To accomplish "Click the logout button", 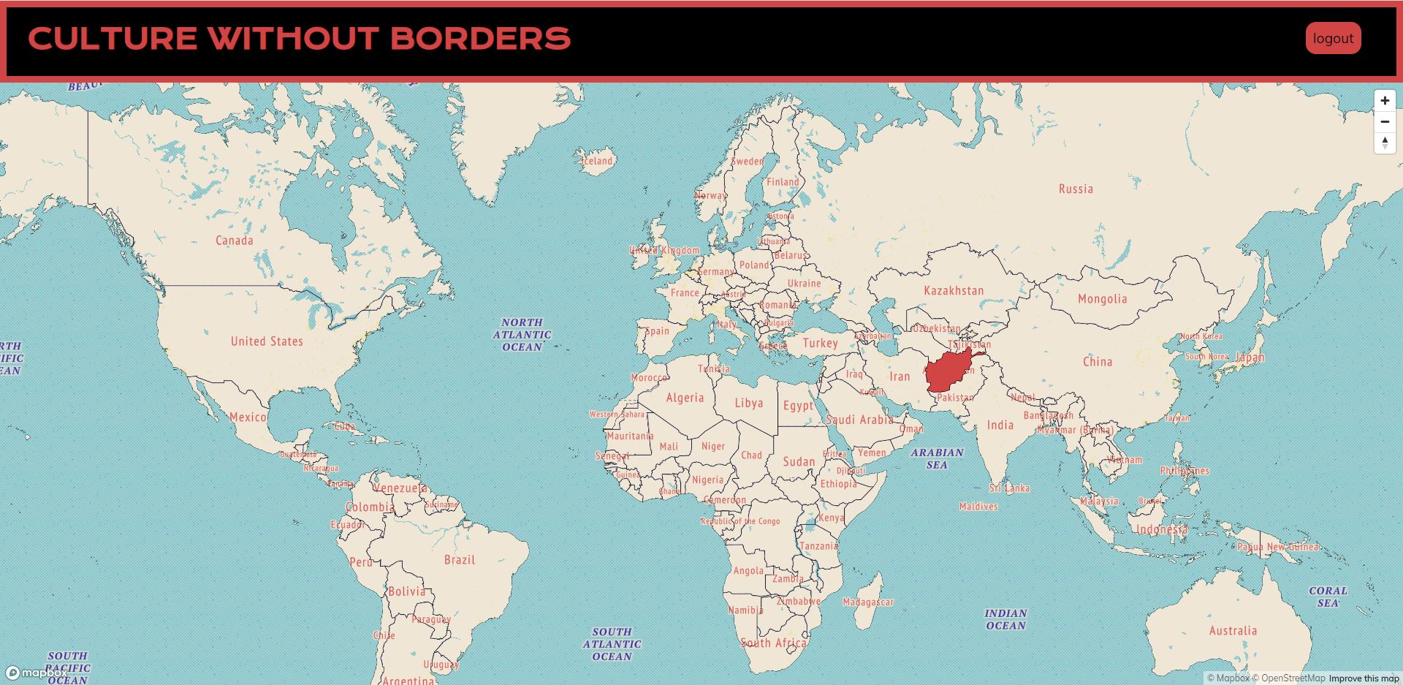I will (1333, 39).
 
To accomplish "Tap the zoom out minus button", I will (1385, 121).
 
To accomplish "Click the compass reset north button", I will (1385, 143).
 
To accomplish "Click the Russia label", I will (1076, 189).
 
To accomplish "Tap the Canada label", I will (234, 241).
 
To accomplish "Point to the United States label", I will (267, 341).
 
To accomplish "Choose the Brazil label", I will (460, 560).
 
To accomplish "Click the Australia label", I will (1233, 631).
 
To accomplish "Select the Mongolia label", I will (1102, 299).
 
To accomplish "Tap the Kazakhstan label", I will (954, 291).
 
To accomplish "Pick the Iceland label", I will (597, 161).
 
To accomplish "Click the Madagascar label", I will (868, 602).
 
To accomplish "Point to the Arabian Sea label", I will (937, 458).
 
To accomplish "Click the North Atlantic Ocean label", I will (522, 334).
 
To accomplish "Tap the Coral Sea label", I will (1328, 597).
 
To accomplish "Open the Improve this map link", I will (1364, 678).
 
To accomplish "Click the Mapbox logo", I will (37, 673).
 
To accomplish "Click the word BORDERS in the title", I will (480, 39).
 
